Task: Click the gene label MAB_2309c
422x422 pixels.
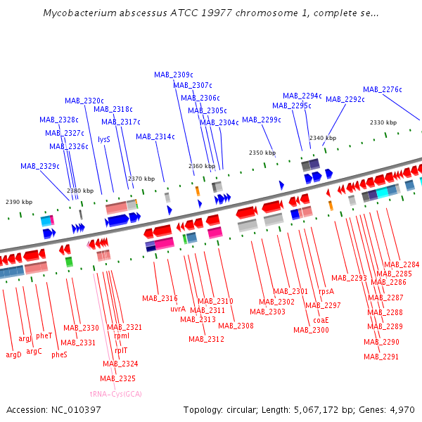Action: [174, 75]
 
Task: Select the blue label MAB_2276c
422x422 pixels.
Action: [383, 89]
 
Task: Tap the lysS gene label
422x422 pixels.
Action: [104, 139]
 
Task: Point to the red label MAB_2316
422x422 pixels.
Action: [160, 298]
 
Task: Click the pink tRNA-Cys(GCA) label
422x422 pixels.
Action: [116, 394]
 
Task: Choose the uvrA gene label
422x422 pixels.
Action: [178, 309]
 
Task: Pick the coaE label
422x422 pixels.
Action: [321, 320]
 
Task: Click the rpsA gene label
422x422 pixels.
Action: [326, 291]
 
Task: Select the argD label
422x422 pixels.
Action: [13, 354]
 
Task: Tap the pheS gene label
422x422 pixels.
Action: [59, 354]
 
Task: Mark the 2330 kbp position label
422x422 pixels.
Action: [383, 122]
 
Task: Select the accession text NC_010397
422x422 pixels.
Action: [77, 409]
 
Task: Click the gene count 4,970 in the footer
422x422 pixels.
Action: [401, 409]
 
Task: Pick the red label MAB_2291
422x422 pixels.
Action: [381, 357]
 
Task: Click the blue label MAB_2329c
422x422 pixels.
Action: [39, 167]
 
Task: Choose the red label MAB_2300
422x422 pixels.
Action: [311, 330]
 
